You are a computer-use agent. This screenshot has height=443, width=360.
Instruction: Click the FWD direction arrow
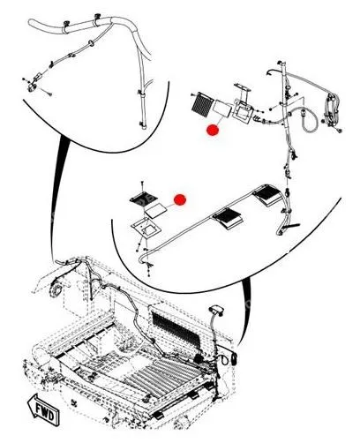(x=43, y=409)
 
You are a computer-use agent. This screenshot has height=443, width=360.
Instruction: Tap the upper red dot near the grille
(x=213, y=130)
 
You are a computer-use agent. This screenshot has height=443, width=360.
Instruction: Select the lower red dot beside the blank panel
(x=180, y=199)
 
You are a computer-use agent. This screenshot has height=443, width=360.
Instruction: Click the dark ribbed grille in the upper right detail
(x=201, y=106)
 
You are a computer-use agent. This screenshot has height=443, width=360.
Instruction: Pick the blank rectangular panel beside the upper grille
(x=222, y=108)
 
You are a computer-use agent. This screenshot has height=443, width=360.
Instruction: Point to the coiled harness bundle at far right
(x=332, y=108)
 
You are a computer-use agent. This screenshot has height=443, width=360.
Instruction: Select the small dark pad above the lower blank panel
(x=143, y=198)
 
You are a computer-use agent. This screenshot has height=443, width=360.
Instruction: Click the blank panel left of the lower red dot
(x=155, y=210)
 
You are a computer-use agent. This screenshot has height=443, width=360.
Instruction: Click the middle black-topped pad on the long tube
(x=228, y=218)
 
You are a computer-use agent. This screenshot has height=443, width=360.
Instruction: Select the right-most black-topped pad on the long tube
(x=269, y=195)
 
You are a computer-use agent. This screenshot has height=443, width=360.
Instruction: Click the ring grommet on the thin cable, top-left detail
(x=92, y=43)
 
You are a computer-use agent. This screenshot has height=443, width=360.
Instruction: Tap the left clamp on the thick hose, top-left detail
(x=65, y=26)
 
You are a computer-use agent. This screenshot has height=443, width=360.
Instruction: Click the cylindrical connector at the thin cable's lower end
(x=37, y=79)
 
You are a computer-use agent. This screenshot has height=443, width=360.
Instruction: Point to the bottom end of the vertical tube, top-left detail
(x=144, y=127)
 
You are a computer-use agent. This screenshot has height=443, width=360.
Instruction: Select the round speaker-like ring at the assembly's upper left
(x=55, y=289)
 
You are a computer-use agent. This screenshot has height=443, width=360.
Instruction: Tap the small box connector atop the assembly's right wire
(x=217, y=311)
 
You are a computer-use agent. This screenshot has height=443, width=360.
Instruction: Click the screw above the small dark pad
(x=142, y=185)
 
